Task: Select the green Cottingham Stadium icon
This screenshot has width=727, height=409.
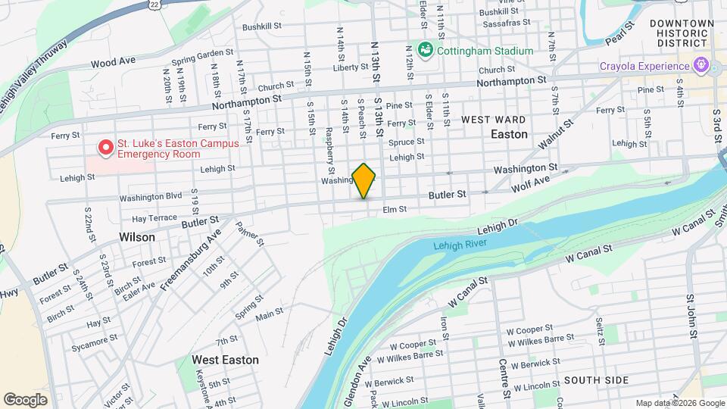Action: click(x=426, y=51)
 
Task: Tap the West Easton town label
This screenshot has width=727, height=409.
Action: click(x=225, y=360)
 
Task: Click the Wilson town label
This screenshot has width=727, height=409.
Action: click(x=137, y=237)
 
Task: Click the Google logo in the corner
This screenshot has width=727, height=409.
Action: click(x=25, y=399)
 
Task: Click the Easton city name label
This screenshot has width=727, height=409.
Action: click(x=509, y=134)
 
